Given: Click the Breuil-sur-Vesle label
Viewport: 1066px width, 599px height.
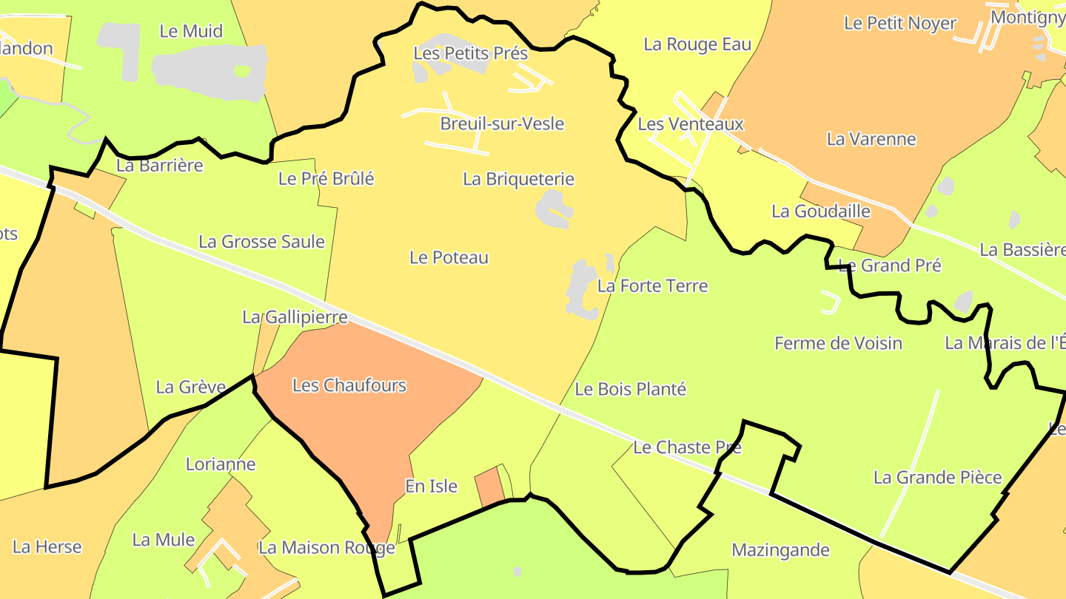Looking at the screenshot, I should tap(502, 123).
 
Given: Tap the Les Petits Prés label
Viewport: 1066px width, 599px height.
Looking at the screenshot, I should tap(471, 53).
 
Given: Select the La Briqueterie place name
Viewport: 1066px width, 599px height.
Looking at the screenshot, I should tap(518, 179).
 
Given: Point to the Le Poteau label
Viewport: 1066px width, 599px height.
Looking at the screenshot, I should tap(449, 257).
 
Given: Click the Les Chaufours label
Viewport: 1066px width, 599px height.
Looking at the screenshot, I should tap(349, 385).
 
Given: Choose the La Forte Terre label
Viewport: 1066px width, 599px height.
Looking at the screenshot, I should tap(652, 285).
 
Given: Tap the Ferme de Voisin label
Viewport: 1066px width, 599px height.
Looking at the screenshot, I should tap(838, 343).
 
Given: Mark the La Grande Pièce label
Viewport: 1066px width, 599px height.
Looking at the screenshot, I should tap(937, 478).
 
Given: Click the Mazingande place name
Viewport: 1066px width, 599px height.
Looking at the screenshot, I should tap(780, 550).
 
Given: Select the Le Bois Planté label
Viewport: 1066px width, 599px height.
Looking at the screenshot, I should tap(631, 389).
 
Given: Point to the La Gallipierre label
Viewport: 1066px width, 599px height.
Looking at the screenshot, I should tap(295, 317).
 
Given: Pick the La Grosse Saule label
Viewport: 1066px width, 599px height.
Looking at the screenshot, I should tap(261, 242).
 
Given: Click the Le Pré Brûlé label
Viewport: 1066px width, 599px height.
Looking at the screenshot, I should tap(326, 178).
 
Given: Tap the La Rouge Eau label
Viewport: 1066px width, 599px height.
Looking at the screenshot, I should tap(697, 44).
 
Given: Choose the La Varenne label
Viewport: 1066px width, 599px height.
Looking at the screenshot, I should tap(871, 139).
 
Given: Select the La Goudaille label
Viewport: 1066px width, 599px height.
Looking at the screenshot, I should tap(821, 211).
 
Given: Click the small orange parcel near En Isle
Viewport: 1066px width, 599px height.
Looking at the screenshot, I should tap(489, 487).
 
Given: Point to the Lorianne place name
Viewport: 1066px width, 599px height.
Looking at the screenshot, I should tap(221, 464).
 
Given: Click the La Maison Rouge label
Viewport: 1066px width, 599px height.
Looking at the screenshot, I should tap(326, 548).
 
